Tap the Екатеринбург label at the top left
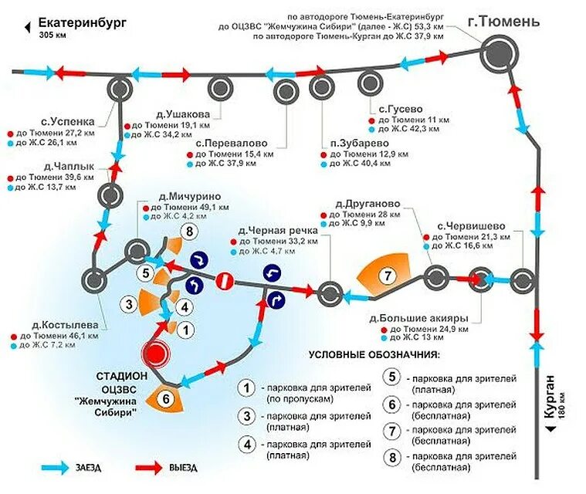pyautogui.click(x=83, y=24)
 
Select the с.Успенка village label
pyautogui.click(x=69, y=121)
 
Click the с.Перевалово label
pyautogui.click(x=232, y=143)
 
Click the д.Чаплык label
pyautogui.click(x=69, y=166)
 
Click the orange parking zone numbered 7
pyautogui.click(x=388, y=275)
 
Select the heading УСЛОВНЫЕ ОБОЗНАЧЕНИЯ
pyautogui.click(x=374, y=356)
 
